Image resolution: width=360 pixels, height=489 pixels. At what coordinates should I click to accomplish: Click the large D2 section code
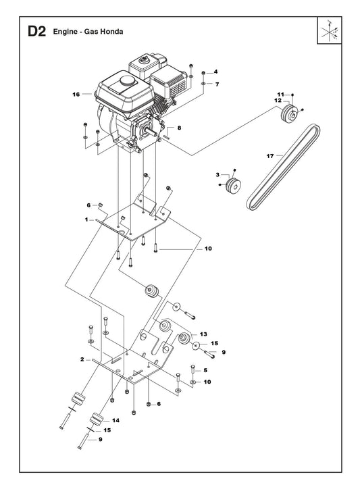[37, 32]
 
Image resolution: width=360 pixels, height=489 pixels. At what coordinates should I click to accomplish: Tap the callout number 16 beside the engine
[76, 94]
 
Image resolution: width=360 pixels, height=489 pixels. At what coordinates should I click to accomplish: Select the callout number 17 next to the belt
[270, 156]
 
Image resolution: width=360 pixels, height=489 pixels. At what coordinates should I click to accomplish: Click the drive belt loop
[283, 167]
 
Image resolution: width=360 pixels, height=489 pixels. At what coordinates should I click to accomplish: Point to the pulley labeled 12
[290, 114]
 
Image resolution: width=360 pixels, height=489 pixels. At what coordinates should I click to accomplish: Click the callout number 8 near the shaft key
[179, 128]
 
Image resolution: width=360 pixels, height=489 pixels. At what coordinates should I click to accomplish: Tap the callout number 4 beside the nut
[215, 72]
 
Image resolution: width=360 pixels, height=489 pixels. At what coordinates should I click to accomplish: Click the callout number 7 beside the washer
[217, 84]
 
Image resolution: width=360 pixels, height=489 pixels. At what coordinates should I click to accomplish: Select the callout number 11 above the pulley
[281, 95]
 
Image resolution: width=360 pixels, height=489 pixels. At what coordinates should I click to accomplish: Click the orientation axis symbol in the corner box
[330, 30]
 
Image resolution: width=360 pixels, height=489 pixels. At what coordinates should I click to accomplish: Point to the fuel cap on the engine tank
[128, 80]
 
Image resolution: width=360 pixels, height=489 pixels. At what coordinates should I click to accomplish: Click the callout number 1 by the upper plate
[86, 220]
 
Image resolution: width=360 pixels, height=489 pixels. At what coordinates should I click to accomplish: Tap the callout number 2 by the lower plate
[82, 359]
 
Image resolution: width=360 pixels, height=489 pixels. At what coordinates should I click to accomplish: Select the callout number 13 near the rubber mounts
[203, 334]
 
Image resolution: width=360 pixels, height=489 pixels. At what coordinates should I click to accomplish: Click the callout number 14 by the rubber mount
[115, 420]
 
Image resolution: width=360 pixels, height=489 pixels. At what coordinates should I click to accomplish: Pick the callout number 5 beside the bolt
[205, 371]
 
